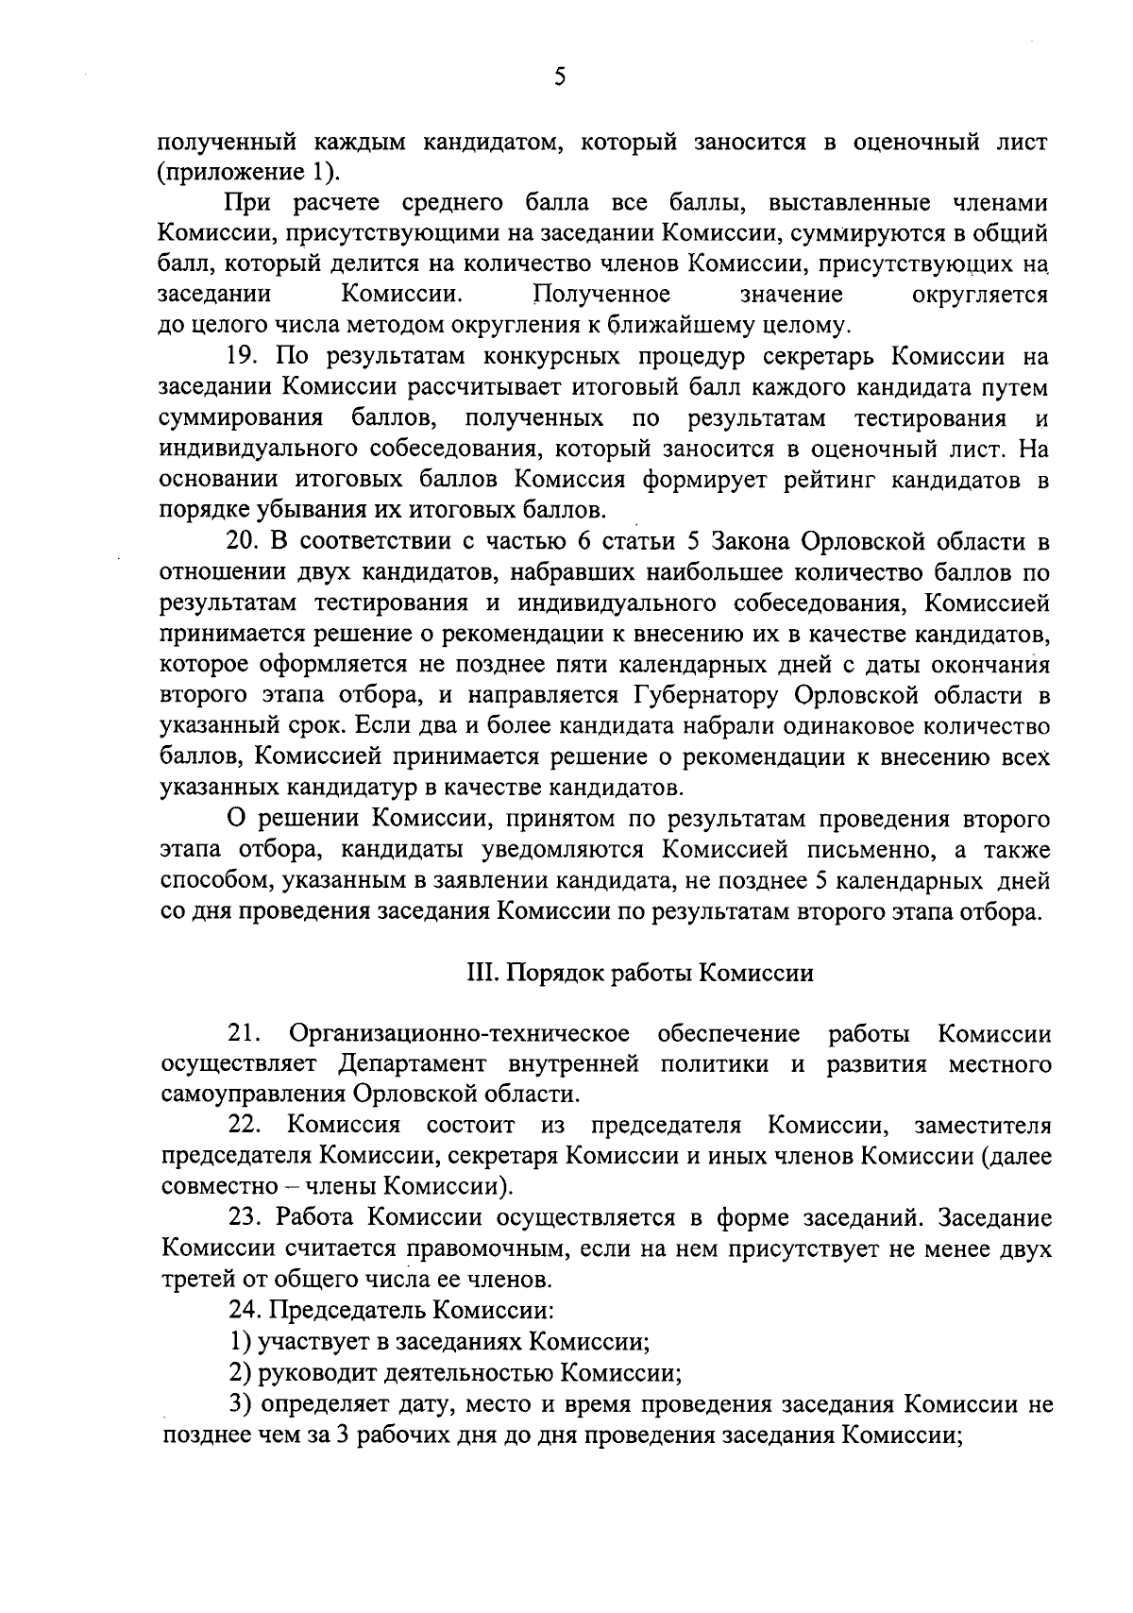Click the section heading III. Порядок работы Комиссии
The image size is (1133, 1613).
tap(640, 973)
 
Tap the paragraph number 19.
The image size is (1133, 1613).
tap(243, 358)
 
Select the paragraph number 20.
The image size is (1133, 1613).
tap(243, 542)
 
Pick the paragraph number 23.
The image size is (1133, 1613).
tap(244, 1218)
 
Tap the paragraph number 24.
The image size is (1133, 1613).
tap(244, 1311)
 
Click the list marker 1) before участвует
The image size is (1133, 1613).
tap(241, 1341)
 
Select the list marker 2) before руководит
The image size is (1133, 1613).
tap(241, 1372)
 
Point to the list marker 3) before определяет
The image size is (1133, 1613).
tap(241, 1403)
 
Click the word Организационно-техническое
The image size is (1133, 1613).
tap(461, 1034)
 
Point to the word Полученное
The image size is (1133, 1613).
tap(602, 295)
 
